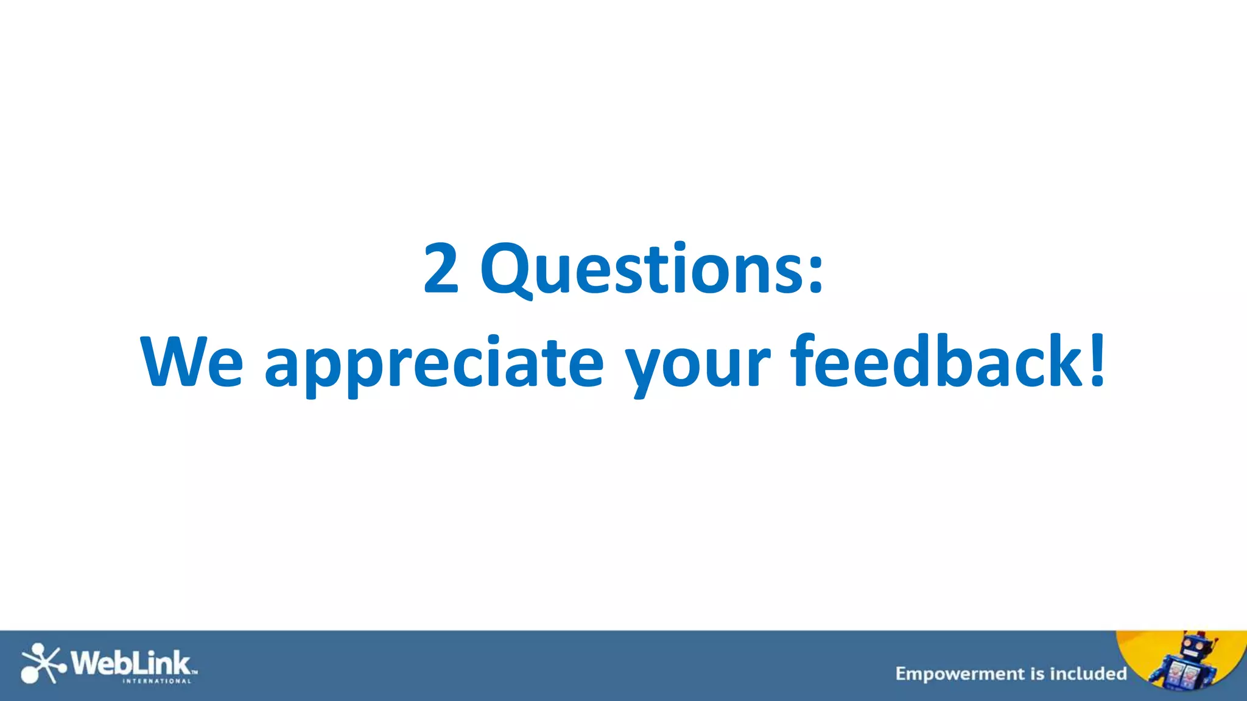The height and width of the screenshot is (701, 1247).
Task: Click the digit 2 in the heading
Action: pyautogui.click(x=441, y=268)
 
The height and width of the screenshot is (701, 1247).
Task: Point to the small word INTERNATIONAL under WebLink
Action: pyautogui.click(x=157, y=681)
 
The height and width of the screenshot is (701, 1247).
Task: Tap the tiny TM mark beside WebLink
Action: pyautogui.click(x=195, y=672)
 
